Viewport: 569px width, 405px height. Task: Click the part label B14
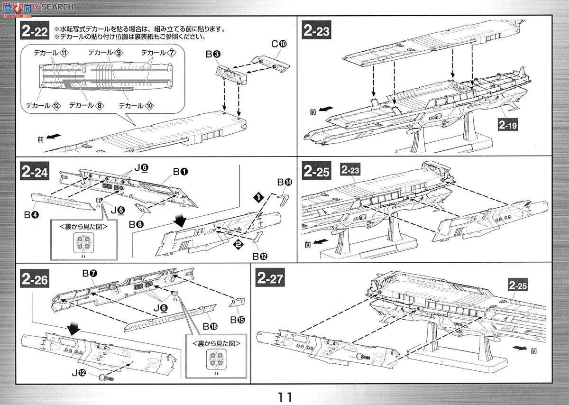(x=285, y=182)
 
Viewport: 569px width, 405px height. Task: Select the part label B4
(x=32, y=214)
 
